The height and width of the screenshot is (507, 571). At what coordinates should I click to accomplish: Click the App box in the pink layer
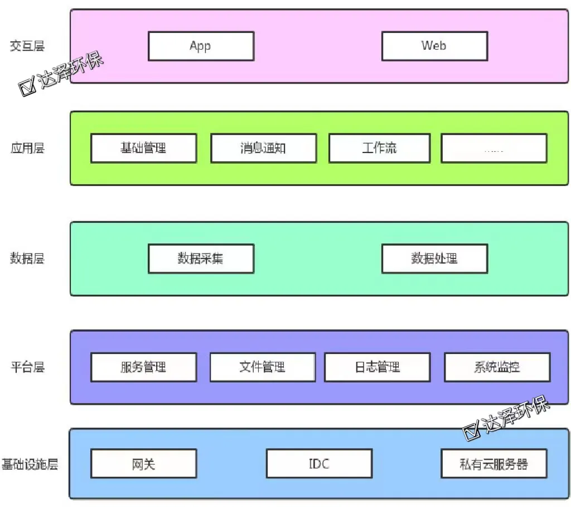[201, 46]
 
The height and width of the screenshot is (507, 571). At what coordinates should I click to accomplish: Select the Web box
[434, 46]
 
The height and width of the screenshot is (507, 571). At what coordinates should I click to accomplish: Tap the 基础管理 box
[143, 148]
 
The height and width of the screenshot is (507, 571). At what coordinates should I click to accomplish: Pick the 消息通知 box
[263, 148]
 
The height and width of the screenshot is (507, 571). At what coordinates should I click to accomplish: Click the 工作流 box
[379, 148]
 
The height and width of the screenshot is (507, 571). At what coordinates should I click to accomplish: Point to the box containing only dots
[493, 148]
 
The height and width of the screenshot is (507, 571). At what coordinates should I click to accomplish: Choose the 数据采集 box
[201, 259]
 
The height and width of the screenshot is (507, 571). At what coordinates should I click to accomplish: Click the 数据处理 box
[434, 259]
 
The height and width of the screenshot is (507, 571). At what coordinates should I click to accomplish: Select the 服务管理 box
[143, 367]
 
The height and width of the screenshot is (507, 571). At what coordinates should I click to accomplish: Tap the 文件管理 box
[263, 367]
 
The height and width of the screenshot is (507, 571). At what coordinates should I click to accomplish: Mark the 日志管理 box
[378, 367]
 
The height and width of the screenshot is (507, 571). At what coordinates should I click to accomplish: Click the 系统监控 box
[497, 367]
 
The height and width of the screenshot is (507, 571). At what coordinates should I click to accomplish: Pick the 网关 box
[143, 464]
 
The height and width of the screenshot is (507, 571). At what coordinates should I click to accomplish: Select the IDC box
[319, 464]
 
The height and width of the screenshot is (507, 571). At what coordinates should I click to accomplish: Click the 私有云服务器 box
[493, 464]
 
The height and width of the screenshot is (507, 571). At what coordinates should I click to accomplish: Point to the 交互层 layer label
[27, 46]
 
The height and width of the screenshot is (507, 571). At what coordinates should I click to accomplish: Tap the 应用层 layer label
[27, 149]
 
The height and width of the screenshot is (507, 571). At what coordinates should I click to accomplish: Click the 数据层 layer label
[27, 259]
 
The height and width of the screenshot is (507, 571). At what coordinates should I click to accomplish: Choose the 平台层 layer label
[27, 367]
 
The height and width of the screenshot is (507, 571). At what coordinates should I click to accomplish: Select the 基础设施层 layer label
[30, 464]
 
